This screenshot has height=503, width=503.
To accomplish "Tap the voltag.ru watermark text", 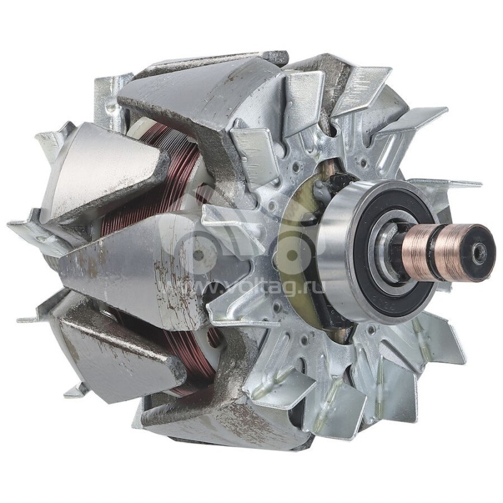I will pos(251,287).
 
